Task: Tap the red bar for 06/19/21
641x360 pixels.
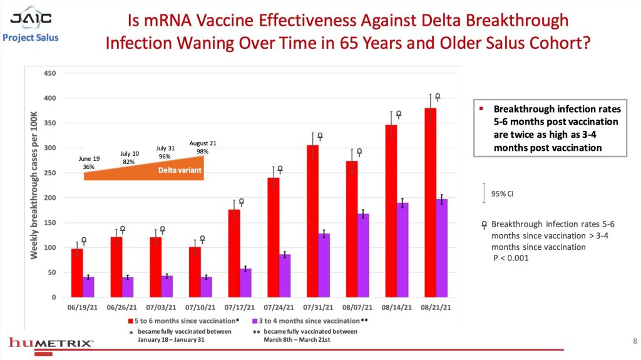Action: point(77,273)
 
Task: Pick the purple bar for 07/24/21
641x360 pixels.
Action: point(285,275)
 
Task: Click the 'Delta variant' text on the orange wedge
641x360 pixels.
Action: point(175,170)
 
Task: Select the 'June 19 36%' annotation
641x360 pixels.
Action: point(89,163)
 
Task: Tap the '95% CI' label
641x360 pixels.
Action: point(503,193)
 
